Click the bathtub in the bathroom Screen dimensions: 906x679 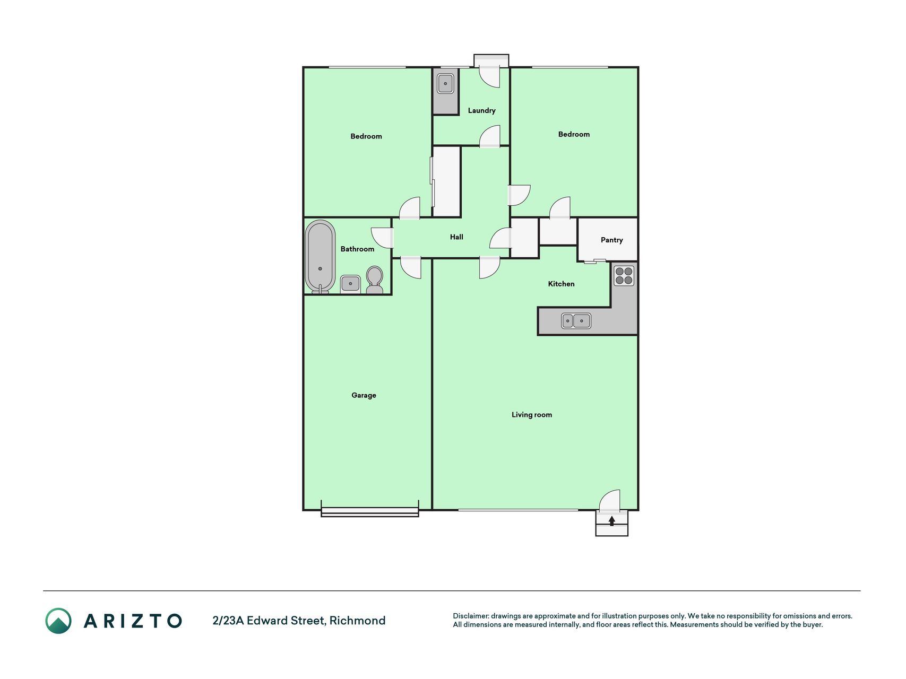[320, 257]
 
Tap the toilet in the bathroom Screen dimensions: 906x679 [374, 280]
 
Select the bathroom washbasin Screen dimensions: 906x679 [350, 284]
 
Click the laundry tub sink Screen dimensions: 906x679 [445, 83]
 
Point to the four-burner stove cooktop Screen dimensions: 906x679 [624, 275]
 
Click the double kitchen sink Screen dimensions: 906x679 [576, 320]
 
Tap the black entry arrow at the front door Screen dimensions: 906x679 [611, 521]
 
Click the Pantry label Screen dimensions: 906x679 [611, 240]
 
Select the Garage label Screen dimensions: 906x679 [364, 395]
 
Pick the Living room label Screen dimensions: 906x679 [532, 415]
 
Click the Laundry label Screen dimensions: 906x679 [481, 110]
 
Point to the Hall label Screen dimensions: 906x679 [456, 237]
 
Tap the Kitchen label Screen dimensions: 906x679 [561, 284]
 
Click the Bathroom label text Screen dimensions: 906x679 [357, 249]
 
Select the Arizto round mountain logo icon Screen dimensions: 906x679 [58, 621]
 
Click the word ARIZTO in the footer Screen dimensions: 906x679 [133, 621]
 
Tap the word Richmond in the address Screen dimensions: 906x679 [357, 621]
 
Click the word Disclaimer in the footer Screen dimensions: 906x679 [471, 616]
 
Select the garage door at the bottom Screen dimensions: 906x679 [370, 512]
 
